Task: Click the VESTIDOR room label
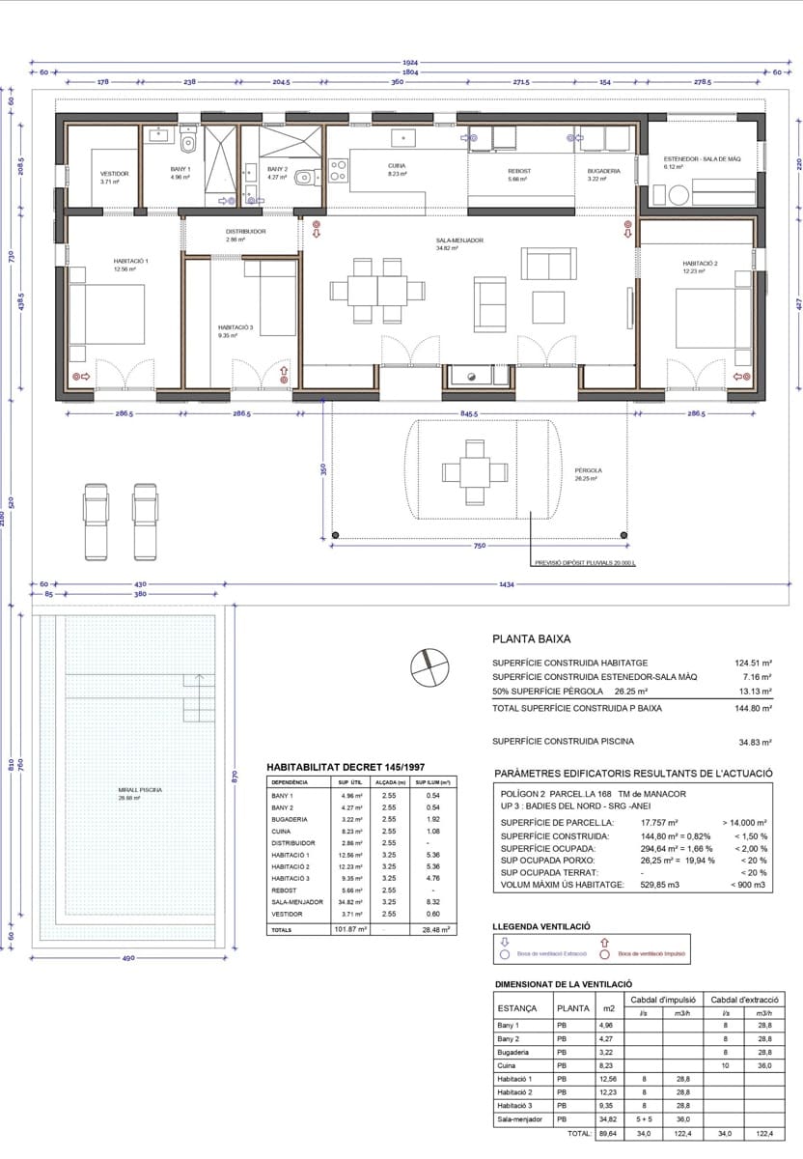coord(114,174)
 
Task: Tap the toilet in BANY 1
coord(188,145)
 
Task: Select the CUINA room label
coord(397,165)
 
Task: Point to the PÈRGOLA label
coord(586,471)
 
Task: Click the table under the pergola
coord(474,471)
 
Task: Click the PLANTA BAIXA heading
coord(532,638)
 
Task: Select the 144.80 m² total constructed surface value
coord(753,708)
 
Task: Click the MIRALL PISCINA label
coord(140,789)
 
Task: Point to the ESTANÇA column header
coord(517,1007)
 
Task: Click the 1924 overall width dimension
coord(411,63)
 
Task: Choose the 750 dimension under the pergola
coord(479,547)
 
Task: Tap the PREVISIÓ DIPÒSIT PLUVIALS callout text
coord(585,563)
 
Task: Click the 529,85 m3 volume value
coord(661,885)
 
